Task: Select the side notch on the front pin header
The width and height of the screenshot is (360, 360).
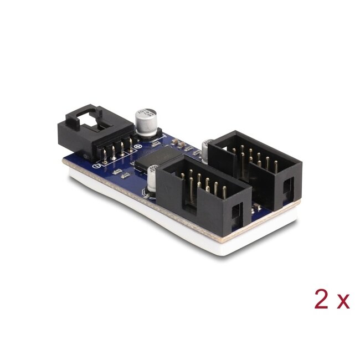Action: pos(237,211)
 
